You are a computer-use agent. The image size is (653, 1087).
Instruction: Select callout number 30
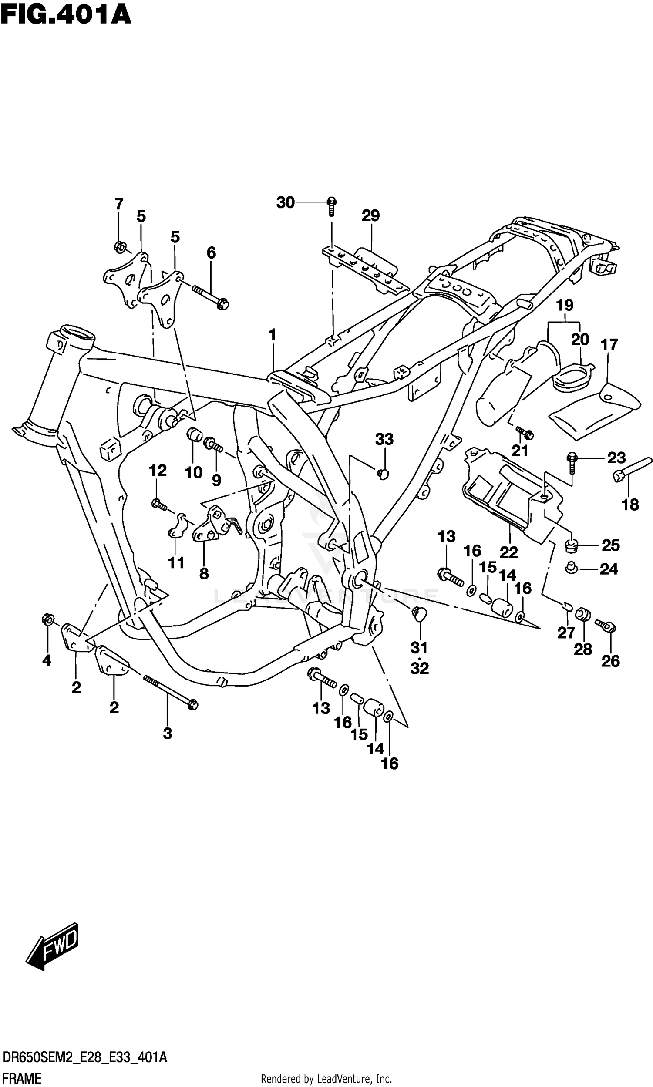click(285, 203)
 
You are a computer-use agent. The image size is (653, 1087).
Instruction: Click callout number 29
click(370, 215)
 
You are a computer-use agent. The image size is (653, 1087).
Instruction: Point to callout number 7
click(119, 204)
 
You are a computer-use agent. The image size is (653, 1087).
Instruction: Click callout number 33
click(384, 439)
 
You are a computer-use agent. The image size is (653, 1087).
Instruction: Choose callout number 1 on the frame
click(273, 335)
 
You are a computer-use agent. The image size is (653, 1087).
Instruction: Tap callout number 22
click(508, 552)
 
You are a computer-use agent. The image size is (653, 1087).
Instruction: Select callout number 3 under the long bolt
click(167, 734)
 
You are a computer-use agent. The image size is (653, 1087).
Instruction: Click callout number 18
click(630, 505)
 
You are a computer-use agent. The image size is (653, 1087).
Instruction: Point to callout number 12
click(158, 471)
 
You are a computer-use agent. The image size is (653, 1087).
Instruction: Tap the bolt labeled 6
click(211, 296)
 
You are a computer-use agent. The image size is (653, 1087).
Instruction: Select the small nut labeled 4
click(47, 619)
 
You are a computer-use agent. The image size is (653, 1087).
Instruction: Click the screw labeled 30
click(331, 205)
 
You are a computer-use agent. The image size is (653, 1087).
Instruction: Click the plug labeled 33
click(383, 474)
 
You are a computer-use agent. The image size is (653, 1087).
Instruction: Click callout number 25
click(610, 545)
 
